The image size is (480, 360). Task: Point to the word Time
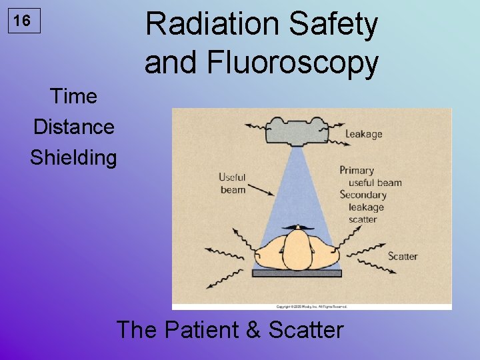(73, 97)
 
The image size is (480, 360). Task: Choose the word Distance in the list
(73, 127)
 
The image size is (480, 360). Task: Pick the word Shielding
(73, 158)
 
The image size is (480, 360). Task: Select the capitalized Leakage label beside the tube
(364, 134)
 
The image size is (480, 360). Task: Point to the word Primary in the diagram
(357, 171)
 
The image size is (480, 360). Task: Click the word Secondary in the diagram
(363, 195)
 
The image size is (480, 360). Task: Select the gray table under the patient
(297, 273)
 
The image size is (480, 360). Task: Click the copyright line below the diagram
(312, 307)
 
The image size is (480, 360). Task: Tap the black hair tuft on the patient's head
(297, 229)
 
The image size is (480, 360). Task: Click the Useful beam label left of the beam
(233, 183)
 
